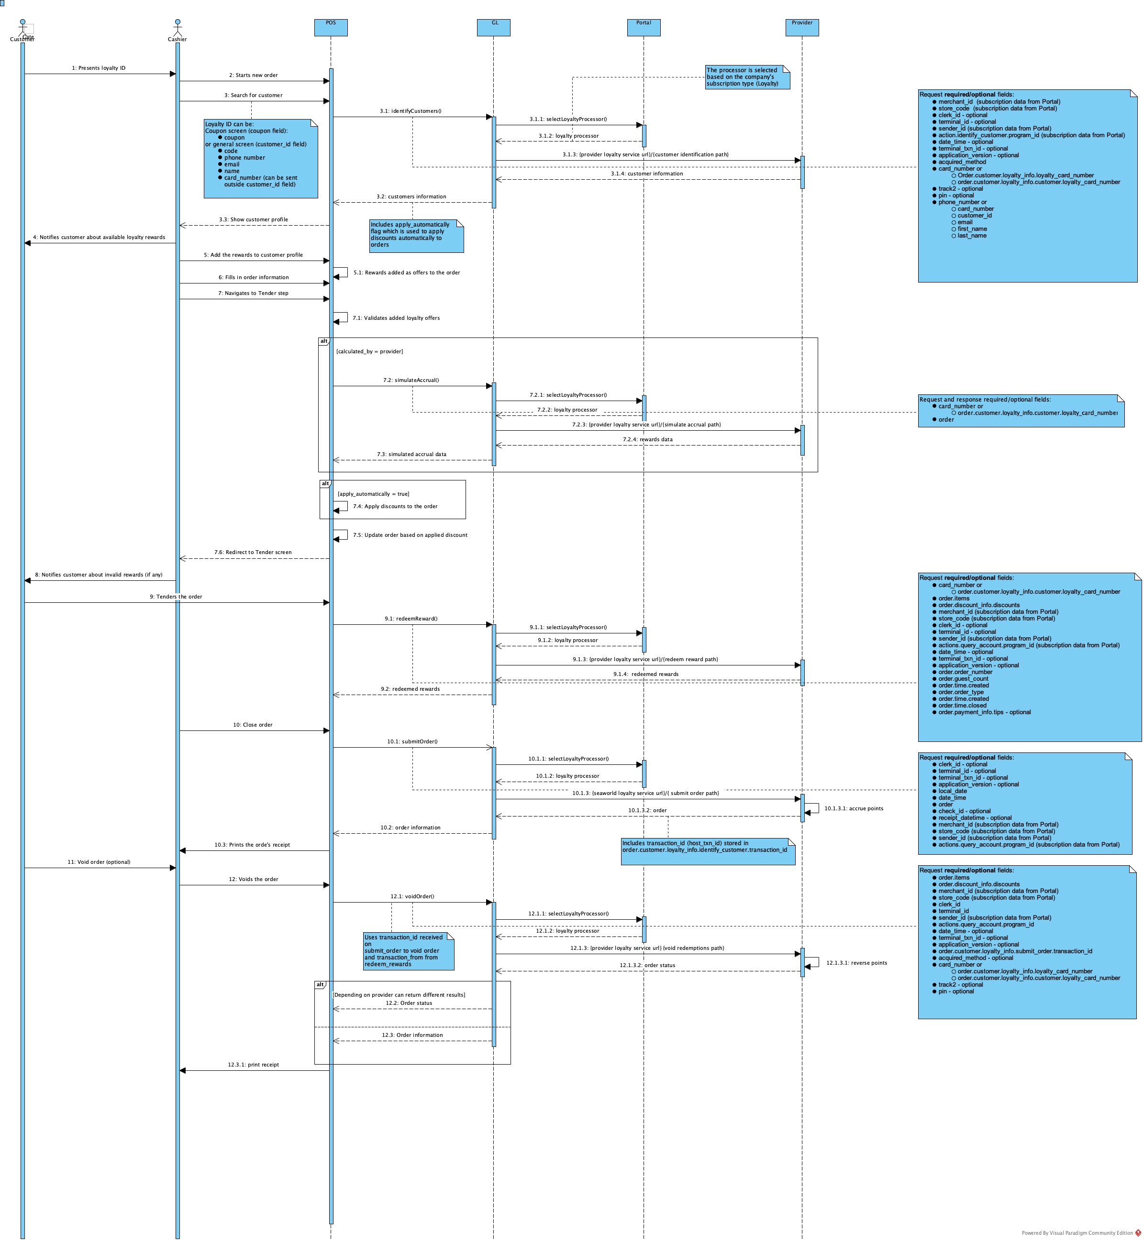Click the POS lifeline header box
coord(331,27)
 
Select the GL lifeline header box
coord(493,27)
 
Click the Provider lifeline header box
coord(802,27)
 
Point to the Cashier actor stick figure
coord(177,27)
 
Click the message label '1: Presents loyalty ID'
coord(99,68)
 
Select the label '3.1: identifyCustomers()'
coord(411,111)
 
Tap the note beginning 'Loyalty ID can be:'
coord(261,158)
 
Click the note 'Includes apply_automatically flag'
coord(416,236)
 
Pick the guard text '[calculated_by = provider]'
coord(369,351)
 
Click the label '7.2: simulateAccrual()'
coord(411,381)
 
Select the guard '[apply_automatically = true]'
coord(373,494)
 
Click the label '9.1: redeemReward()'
coord(411,619)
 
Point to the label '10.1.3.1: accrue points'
coord(854,808)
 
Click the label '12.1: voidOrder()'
coord(412,896)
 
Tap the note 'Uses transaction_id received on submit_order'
coord(409,951)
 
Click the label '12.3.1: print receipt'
coord(253,1065)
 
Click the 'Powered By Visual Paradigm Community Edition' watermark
coord(1077,1233)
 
